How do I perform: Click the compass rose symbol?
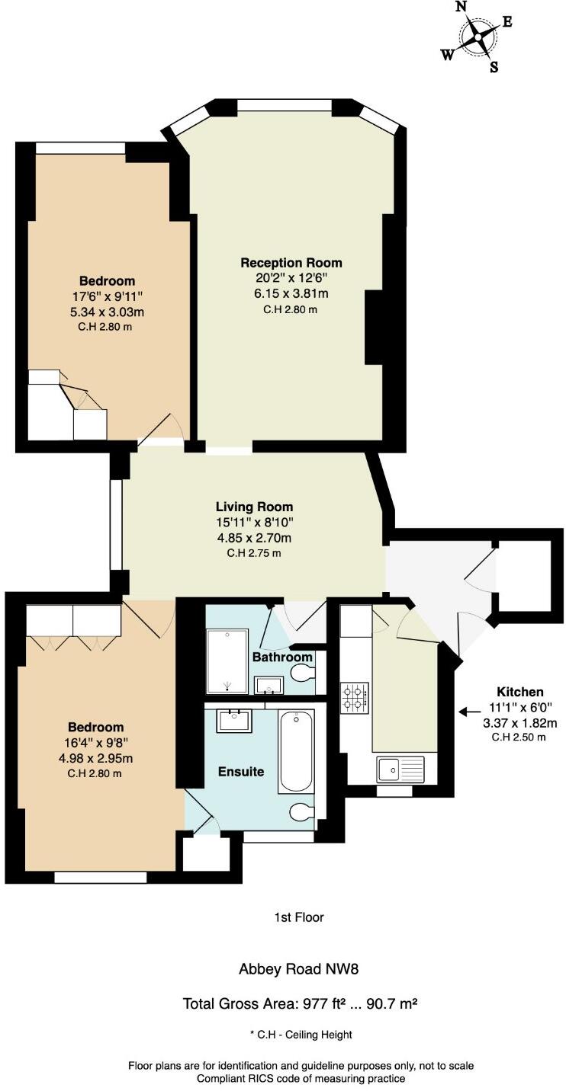478,36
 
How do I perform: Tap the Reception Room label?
291,263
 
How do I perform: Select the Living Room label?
254,507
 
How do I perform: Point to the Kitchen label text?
520,692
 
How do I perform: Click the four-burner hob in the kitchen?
355,697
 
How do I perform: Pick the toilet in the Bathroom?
304,673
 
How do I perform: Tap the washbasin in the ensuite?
234,720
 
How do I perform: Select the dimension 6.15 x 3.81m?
291,293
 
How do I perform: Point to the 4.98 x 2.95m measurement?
95,758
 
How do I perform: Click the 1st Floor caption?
299,917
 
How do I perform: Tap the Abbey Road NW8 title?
299,969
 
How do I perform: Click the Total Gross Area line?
299,1003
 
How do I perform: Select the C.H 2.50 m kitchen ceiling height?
520,737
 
